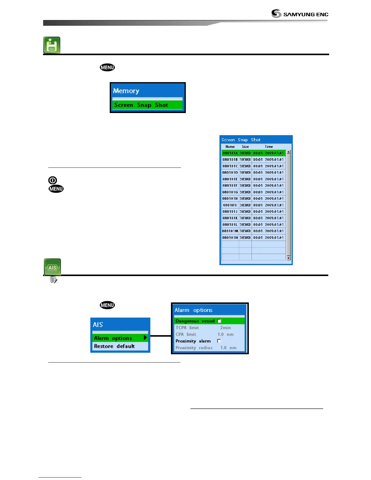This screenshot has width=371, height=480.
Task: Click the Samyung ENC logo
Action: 299,14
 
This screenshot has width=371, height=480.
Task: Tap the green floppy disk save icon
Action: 52,45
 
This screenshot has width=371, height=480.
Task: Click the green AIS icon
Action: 52,267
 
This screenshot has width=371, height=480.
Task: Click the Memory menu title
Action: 126,91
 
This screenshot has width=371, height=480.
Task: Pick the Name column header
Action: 230,147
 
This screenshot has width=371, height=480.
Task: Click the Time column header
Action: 269,147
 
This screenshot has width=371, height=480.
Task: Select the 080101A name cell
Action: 230,153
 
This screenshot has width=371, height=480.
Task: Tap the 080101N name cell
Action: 230,238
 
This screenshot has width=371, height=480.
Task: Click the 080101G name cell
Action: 230,192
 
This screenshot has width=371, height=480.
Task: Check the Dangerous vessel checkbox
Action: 219,321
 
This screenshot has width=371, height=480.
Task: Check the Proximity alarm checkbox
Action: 219,341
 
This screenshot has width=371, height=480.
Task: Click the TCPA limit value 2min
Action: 225,328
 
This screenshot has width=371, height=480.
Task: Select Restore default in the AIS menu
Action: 115,346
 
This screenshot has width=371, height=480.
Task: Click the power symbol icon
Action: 52,180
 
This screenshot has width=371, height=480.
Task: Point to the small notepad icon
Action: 54,280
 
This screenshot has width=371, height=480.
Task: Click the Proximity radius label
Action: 194,348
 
